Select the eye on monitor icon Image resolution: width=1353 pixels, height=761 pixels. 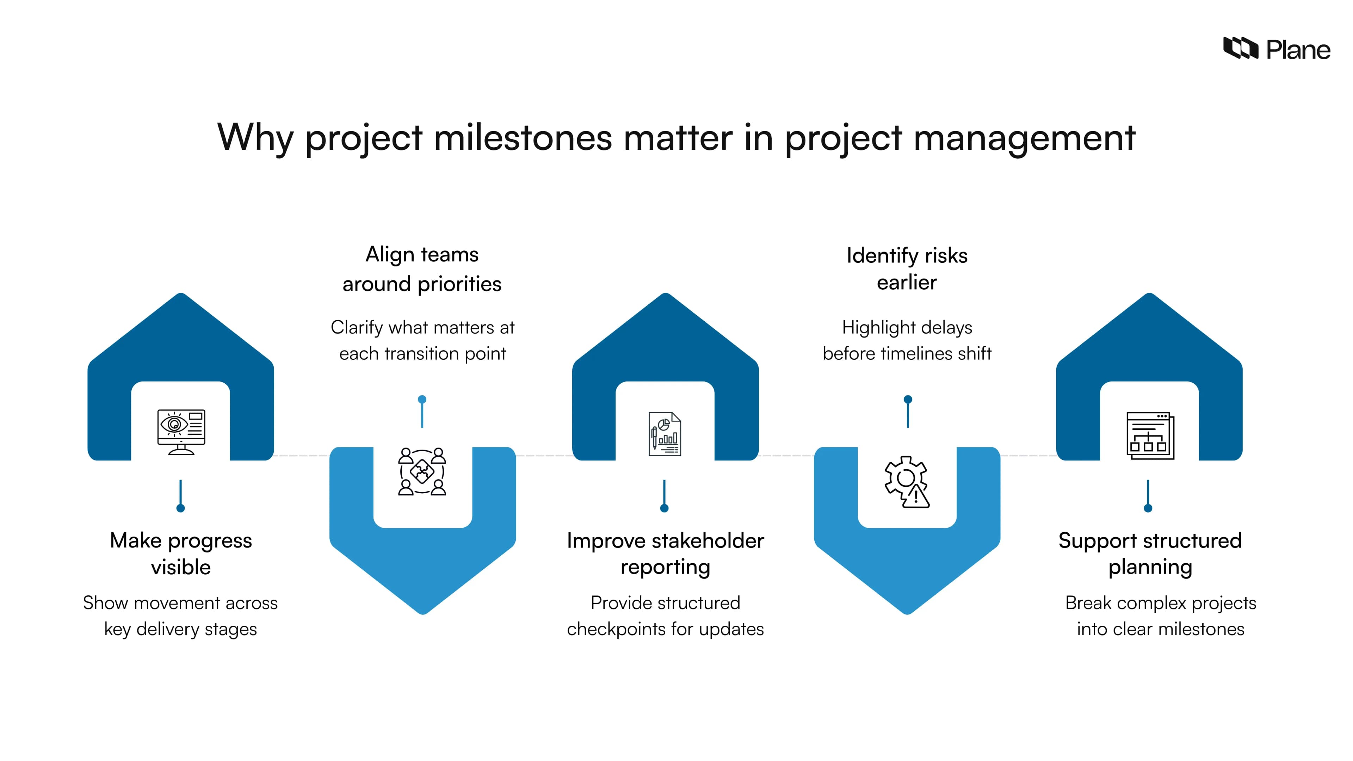pos(181,432)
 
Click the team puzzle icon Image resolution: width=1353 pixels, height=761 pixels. pos(422,472)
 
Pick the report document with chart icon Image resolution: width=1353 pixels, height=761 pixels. pos(665,434)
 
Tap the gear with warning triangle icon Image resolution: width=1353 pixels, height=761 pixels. pos(907,482)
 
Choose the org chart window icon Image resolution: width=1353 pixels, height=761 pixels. pos(1150,435)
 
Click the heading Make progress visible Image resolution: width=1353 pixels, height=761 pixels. pos(181,553)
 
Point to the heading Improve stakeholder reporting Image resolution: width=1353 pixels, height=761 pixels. pos(665,553)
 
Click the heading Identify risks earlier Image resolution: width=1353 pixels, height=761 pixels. pos(907,269)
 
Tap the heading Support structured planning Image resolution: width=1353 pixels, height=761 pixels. pos(1150,553)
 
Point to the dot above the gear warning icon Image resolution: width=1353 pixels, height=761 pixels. pos(908,400)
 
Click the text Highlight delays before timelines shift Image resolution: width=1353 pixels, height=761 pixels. pos(907,340)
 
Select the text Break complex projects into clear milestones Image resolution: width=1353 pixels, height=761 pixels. pos(1160,615)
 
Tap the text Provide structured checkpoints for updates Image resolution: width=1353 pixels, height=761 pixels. pos(665,615)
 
